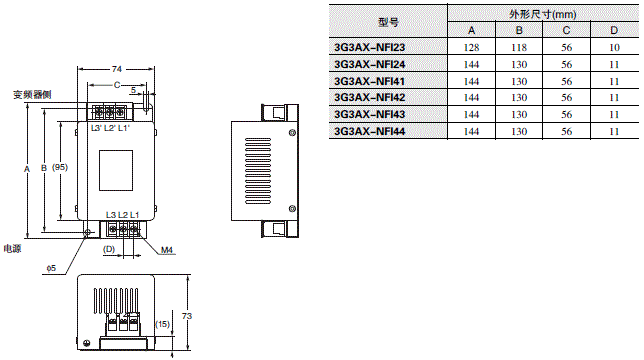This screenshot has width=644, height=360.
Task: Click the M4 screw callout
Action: pyautogui.click(x=166, y=250)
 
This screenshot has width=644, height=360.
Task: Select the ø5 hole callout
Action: pyautogui.click(x=50, y=268)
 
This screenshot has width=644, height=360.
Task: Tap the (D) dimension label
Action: pyautogui.click(x=110, y=249)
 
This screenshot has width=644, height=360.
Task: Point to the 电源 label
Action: pyautogui.click(x=12, y=248)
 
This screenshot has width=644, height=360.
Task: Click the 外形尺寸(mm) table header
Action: pyautogui.click(x=542, y=13)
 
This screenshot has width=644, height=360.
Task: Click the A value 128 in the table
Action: pyautogui.click(x=472, y=46)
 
